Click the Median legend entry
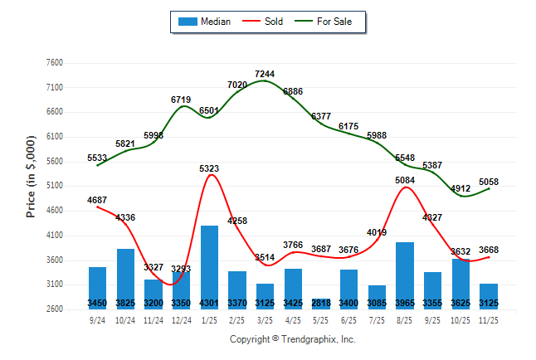click(x=205, y=22)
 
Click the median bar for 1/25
click(x=210, y=265)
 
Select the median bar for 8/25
click(x=405, y=274)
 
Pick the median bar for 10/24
click(x=126, y=278)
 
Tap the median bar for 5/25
click(x=321, y=303)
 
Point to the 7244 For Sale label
click(x=265, y=74)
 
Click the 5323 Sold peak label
click(x=209, y=169)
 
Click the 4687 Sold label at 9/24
click(x=98, y=199)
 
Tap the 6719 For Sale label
click(x=181, y=100)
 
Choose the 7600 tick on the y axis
click(x=54, y=63)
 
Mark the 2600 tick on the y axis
click(x=54, y=309)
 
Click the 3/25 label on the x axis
click(x=266, y=319)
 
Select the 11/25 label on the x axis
click(x=489, y=319)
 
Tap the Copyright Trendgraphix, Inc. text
click(x=292, y=339)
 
